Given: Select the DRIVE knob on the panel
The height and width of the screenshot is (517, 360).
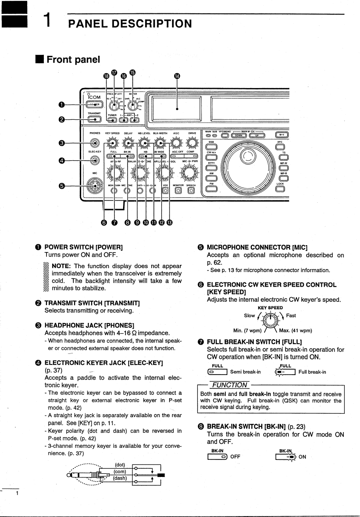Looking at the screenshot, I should coord(192,143).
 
